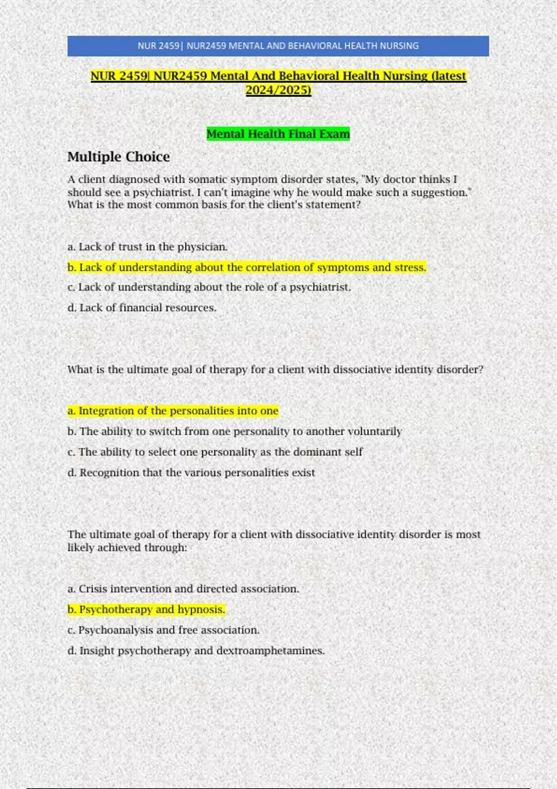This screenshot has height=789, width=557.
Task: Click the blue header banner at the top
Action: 278,46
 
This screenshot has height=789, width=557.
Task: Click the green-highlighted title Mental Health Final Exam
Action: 278,134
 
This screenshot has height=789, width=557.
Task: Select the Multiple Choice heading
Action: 118,157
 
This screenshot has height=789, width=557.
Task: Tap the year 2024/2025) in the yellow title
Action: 278,90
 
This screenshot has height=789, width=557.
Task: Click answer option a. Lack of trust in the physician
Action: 148,247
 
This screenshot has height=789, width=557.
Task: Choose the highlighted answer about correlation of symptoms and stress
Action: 246,267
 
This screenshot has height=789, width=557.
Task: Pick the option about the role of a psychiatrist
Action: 209,287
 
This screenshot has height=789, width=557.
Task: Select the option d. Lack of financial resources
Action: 142,308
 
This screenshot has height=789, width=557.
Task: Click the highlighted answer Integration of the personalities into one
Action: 173,411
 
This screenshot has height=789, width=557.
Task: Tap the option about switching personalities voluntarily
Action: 234,431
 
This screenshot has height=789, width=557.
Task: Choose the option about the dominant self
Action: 215,452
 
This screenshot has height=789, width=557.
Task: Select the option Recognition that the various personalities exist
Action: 191,472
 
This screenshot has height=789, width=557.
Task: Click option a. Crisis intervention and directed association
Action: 183,589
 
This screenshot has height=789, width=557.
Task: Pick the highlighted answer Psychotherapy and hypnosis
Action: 146,609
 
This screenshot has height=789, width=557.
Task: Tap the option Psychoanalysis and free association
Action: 163,630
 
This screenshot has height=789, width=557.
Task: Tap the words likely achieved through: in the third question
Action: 127,548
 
